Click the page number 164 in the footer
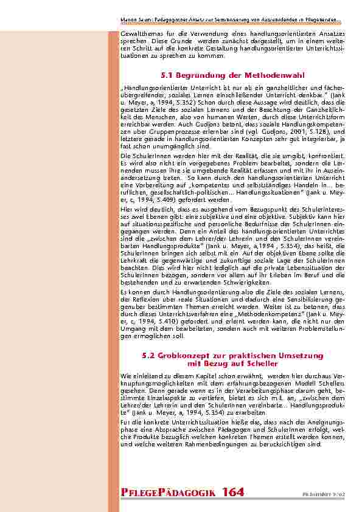pos(234,492)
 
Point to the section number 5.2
pos(148,355)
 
